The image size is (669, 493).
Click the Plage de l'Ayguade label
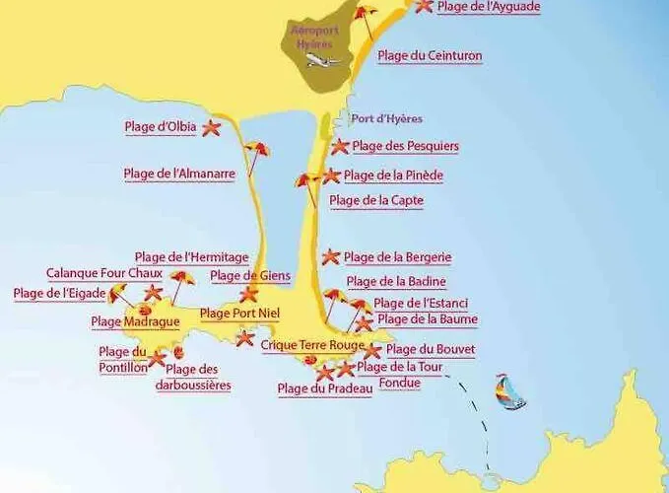489,7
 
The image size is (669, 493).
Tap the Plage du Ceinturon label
430,56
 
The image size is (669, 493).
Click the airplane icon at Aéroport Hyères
321,59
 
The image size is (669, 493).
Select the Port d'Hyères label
387,119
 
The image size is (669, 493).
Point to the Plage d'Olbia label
160,127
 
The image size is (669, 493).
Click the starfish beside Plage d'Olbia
211,127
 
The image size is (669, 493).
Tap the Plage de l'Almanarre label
179,175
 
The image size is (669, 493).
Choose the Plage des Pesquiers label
405,147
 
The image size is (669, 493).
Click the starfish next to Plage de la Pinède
332,176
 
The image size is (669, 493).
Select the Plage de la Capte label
376,201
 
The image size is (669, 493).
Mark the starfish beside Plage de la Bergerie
330,256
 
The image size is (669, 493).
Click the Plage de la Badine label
396,282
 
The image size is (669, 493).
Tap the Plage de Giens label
250,276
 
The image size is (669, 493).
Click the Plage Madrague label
135,321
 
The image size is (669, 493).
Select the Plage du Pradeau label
325,389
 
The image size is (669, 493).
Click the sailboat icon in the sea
509,391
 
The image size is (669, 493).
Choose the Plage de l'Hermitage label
191,258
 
